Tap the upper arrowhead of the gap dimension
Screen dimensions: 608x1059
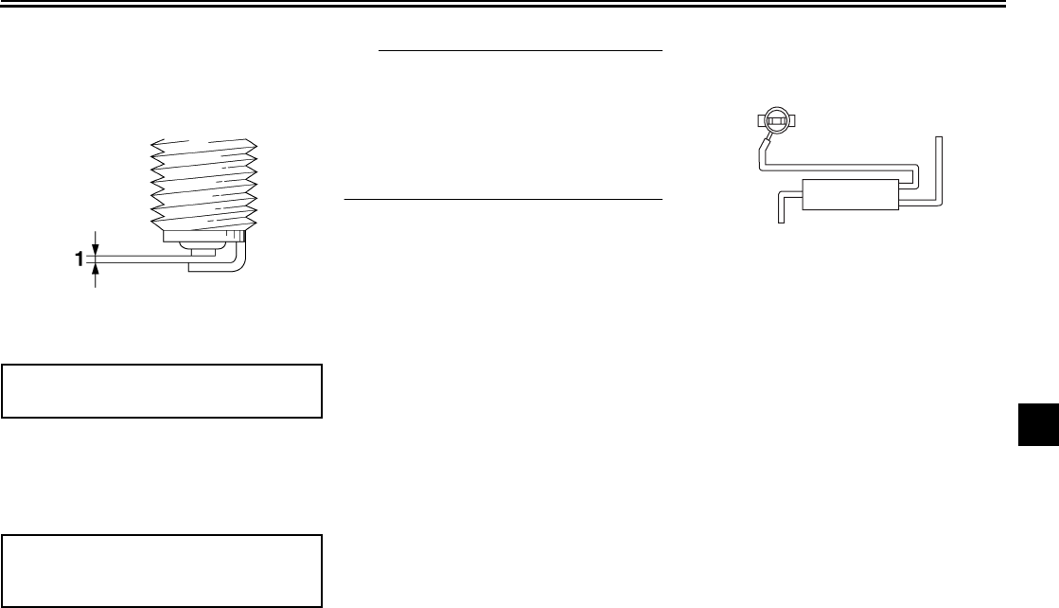(97, 244)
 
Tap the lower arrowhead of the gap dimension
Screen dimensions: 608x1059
(97, 270)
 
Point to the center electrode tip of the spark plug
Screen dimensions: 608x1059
(201, 251)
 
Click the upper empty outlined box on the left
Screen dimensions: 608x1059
(162, 389)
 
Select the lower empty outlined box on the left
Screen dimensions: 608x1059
(162, 570)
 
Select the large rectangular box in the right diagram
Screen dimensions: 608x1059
(849, 194)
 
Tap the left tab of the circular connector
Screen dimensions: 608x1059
(760, 120)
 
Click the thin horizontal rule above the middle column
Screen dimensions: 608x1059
(519, 48)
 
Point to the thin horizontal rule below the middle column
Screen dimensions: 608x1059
(502, 200)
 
